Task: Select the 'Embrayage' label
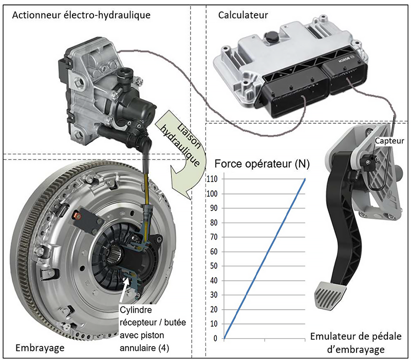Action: pyautogui.click(x=40, y=348)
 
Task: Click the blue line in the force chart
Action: pyautogui.click(x=265, y=260)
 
